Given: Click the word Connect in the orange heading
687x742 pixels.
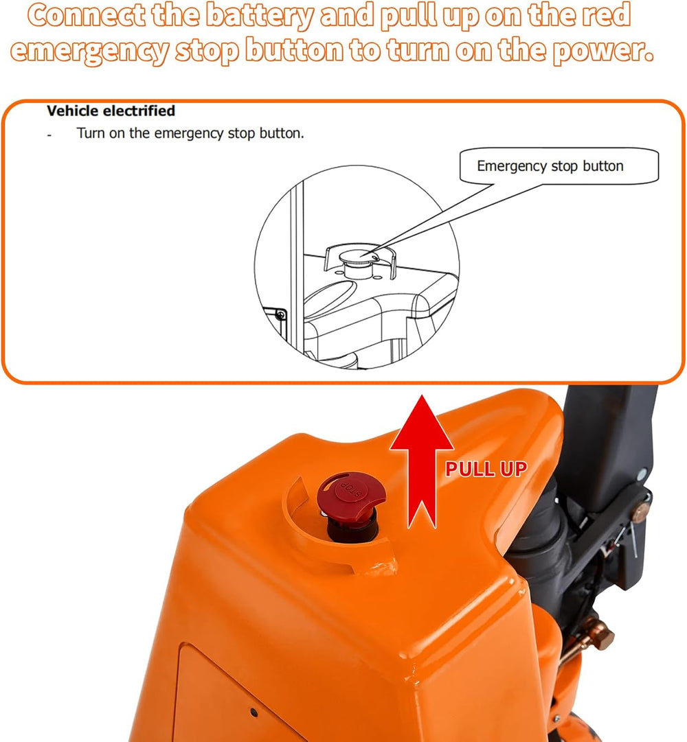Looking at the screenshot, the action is (87, 15).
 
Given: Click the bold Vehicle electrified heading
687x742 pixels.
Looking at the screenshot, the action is (111, 111).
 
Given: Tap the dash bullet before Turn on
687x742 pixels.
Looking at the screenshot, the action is (49, 136).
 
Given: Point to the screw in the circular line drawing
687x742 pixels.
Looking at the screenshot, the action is (281, 314).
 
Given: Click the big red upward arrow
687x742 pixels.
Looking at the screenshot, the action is (421, 461).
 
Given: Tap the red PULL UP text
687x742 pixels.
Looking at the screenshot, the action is (486, 469).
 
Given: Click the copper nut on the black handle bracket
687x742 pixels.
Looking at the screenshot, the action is (640, 512).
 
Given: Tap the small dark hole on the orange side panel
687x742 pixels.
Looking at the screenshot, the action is (254, 712).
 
